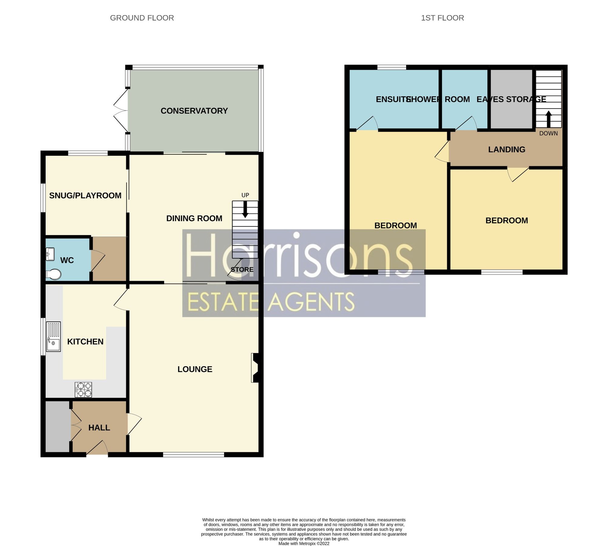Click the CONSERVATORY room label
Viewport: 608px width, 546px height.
click(194, 111)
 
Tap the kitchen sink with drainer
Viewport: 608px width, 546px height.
click(53, 336)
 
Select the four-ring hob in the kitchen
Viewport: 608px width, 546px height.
click(83, 390)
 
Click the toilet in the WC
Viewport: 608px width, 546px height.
click(53, 274)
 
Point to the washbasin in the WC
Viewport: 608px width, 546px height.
click(50, 254)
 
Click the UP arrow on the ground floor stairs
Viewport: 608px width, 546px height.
click(245, 209)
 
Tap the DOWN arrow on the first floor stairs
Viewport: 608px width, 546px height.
click(549, 119)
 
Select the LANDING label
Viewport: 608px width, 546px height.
click(507, 149)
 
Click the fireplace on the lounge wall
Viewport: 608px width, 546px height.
click(255, 367)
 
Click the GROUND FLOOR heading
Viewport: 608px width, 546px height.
click(142, 18)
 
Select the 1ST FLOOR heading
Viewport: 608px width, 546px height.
click(442, 18)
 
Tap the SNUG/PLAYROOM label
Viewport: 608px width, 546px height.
click(85, 195)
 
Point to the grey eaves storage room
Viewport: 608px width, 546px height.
click(511, 112)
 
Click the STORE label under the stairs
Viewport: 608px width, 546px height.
click(242, 269)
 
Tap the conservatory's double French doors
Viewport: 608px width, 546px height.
click(121, 110)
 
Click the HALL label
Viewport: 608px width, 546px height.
click(99, 427)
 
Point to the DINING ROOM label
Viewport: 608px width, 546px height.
click(194, 218)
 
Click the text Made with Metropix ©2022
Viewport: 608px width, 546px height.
click(304, 543)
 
